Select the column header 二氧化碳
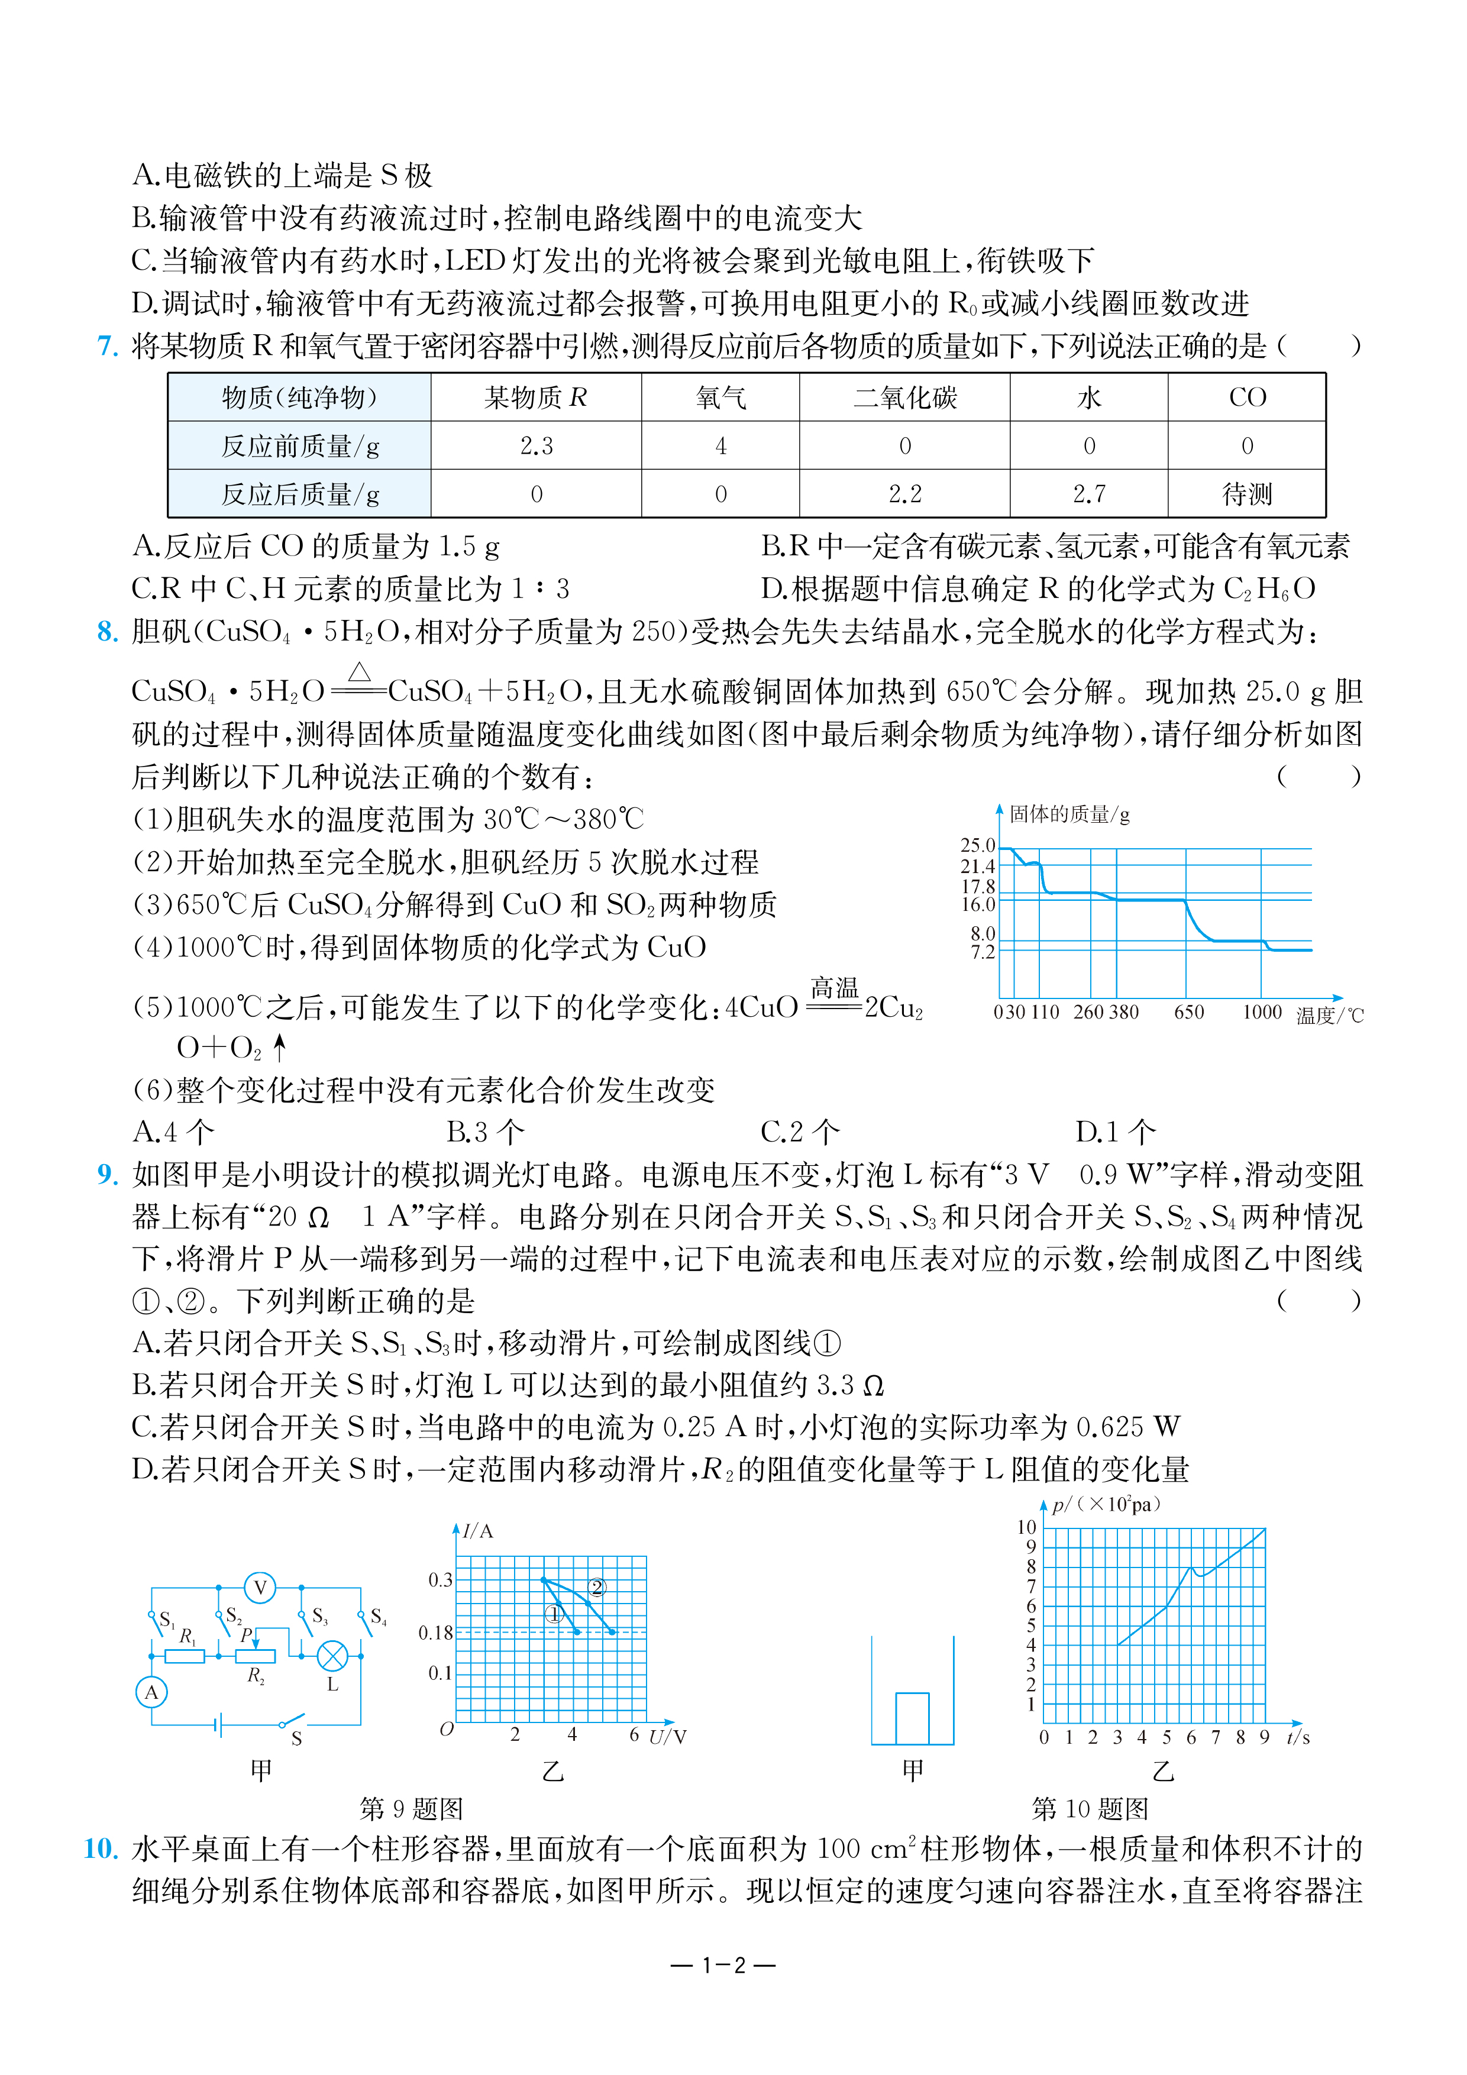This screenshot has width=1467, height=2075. tap(905, 397)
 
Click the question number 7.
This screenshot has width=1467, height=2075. tap(108, 345)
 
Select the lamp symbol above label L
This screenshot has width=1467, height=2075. tap(332, 1656)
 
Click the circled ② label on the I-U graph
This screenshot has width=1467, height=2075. tap(597, 1587)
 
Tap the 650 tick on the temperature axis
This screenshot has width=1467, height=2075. tap(1188, 1012)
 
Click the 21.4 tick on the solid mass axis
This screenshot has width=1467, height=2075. tap(977, 866)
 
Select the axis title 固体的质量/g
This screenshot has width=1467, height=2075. tap(1069, 815)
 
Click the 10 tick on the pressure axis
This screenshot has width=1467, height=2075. tap(1027, 1527)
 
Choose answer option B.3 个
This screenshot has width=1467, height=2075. tap(486, 1132)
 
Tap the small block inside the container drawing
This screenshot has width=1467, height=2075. tap(912, 1718)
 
